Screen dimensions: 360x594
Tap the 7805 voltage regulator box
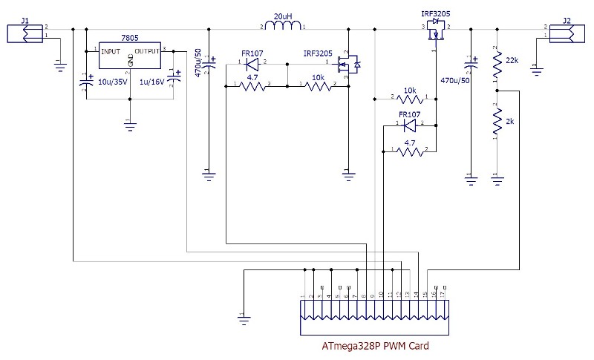pyautogui.click(x=130, y=59)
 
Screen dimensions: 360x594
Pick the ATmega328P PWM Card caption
pyautogui.click(x=375, y=346)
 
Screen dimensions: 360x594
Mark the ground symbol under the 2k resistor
pyautogui.click(x=496, y=178)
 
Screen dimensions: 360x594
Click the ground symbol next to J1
pyautogui.click(x=59, y=68)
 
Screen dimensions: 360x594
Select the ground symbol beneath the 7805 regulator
pyautogui.click(x=130, y=126)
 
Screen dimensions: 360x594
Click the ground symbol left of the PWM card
pyautogui.click(x=241, y=319)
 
